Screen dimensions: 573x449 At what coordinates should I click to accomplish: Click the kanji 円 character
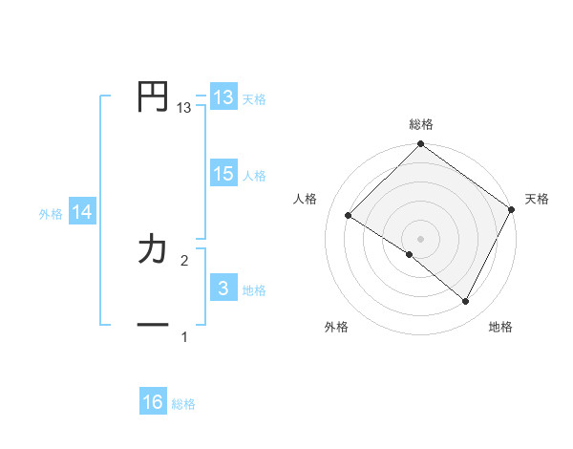(x=153, y=96)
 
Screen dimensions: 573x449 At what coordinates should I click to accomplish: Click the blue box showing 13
(x=223, y=96)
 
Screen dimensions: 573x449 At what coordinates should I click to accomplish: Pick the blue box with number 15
(x=223, y=174)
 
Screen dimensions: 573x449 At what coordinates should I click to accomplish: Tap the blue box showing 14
(x=82, y=213)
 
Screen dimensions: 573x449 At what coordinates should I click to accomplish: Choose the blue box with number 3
(x=223, y=289)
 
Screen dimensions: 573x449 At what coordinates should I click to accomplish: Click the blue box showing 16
(x=153, y=402)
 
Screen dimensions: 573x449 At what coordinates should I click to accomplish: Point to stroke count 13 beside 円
(x=184, y=108)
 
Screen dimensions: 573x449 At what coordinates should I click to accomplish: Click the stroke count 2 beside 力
(x=184, y=260)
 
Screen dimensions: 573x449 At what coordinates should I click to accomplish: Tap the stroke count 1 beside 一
(x=184, y=336)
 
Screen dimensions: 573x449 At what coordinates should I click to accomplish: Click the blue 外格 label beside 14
(x=51, y=214)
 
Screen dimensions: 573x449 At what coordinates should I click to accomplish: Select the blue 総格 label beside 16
(x=183, y=404)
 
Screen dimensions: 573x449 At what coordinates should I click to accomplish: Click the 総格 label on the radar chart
(x=421, y=124)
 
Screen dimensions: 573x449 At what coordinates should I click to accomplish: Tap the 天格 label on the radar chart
(x=537, y=199)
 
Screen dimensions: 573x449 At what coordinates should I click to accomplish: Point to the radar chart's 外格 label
(x=336, y=327)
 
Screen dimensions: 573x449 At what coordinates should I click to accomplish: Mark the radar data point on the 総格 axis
(x=421, y=144)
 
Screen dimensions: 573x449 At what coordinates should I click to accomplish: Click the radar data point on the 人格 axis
(x=349, y=216)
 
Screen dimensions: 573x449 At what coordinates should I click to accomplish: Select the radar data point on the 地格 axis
(x=466, y=302)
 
